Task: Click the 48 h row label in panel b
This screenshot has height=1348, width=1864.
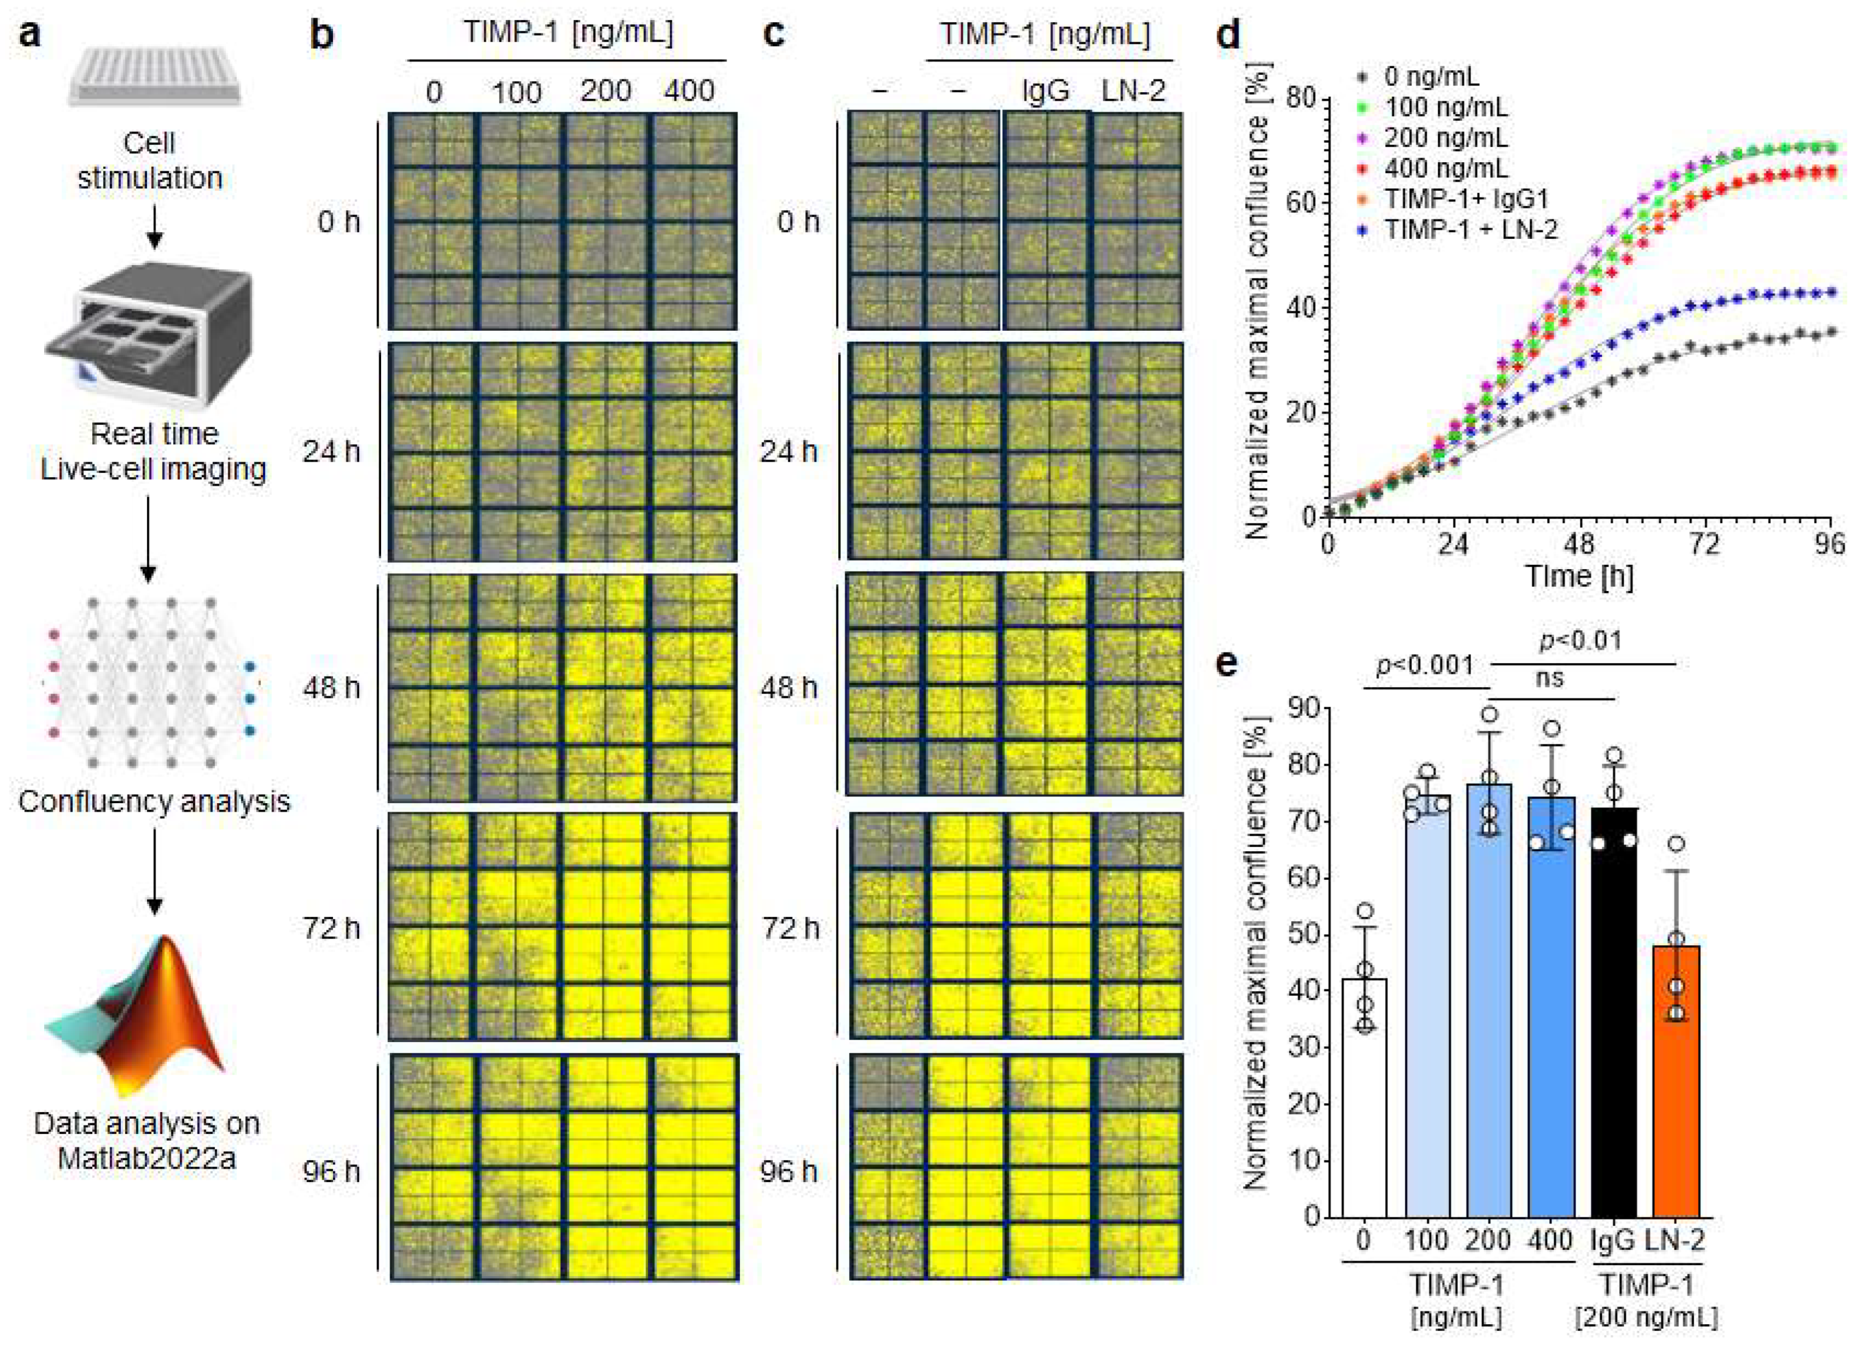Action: [x=331, y=687]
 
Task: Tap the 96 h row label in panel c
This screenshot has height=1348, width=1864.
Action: [x=789, y=1170]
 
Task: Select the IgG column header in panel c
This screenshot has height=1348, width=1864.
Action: [x=1046, y=90]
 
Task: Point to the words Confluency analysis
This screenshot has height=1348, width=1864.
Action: [x=154, y=801]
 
